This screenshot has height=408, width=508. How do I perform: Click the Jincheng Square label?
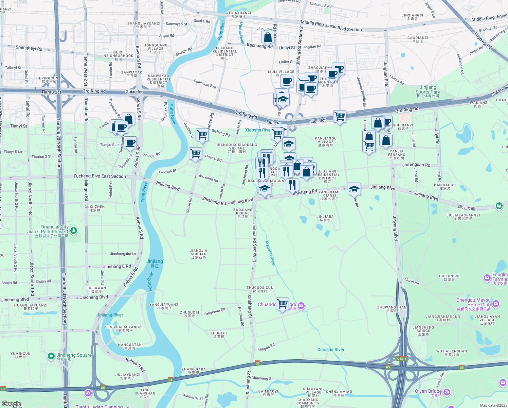[74, 355]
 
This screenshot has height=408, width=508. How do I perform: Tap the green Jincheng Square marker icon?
[51, 356]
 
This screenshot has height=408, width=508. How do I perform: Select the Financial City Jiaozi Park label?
[48, 230]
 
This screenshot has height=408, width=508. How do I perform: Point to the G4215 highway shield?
[402, 359]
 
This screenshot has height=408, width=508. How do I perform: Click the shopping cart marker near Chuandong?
[283, 304]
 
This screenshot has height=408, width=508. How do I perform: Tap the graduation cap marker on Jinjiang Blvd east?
[354, 189]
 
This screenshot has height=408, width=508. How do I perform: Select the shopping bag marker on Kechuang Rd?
[268, 37]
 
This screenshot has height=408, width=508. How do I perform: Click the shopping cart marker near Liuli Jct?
[340, 117]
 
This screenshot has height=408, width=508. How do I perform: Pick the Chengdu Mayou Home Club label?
[473, 302]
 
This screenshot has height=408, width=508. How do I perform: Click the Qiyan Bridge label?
[428, 391]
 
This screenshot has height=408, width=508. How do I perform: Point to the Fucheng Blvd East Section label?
[99, 176]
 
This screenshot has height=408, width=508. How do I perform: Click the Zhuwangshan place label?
[392, 307]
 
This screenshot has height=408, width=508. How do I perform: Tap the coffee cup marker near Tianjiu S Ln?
[130, 143]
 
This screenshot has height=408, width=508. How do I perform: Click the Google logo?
[11, 404]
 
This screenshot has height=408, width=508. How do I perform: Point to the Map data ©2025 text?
[493, 405]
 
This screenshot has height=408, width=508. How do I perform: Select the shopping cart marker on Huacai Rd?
[195, 153]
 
